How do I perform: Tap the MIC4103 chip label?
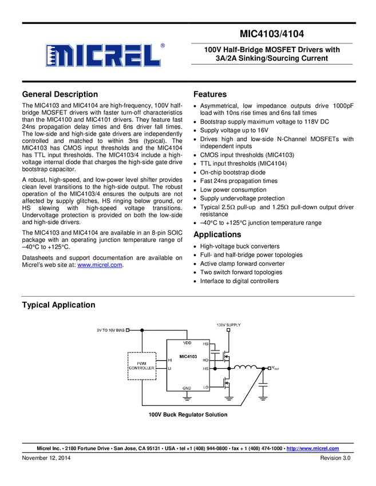[x=188, y=356]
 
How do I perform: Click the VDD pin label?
[x=187, y=343]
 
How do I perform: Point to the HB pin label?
[x=206, y=344]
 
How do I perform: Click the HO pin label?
[x=206, y=360]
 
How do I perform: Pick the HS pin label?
[x=206, y=369]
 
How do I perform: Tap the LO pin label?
[x=206, y=387]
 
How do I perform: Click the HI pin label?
[x=170, y=360]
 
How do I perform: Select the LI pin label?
[x=170, y=369]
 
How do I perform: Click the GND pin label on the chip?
[x=187, y=388]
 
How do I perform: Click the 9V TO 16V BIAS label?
[x=110, y=330]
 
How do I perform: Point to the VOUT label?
[x=275, y=368]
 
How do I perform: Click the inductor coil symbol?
[x=247, y=368]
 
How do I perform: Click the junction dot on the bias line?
[x=142, y=330]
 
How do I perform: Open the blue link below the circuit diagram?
[x=313, y=448]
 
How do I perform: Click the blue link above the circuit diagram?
[x=100, y=265]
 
